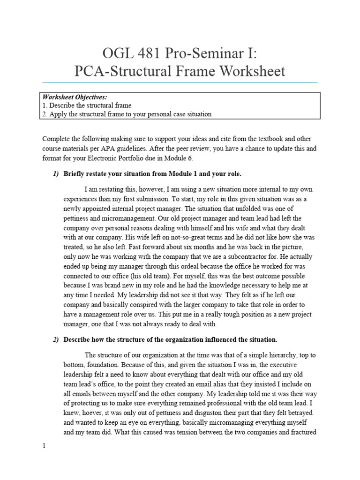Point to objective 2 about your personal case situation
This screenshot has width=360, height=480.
(127, 114)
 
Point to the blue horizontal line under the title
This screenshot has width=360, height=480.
(180, 82)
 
